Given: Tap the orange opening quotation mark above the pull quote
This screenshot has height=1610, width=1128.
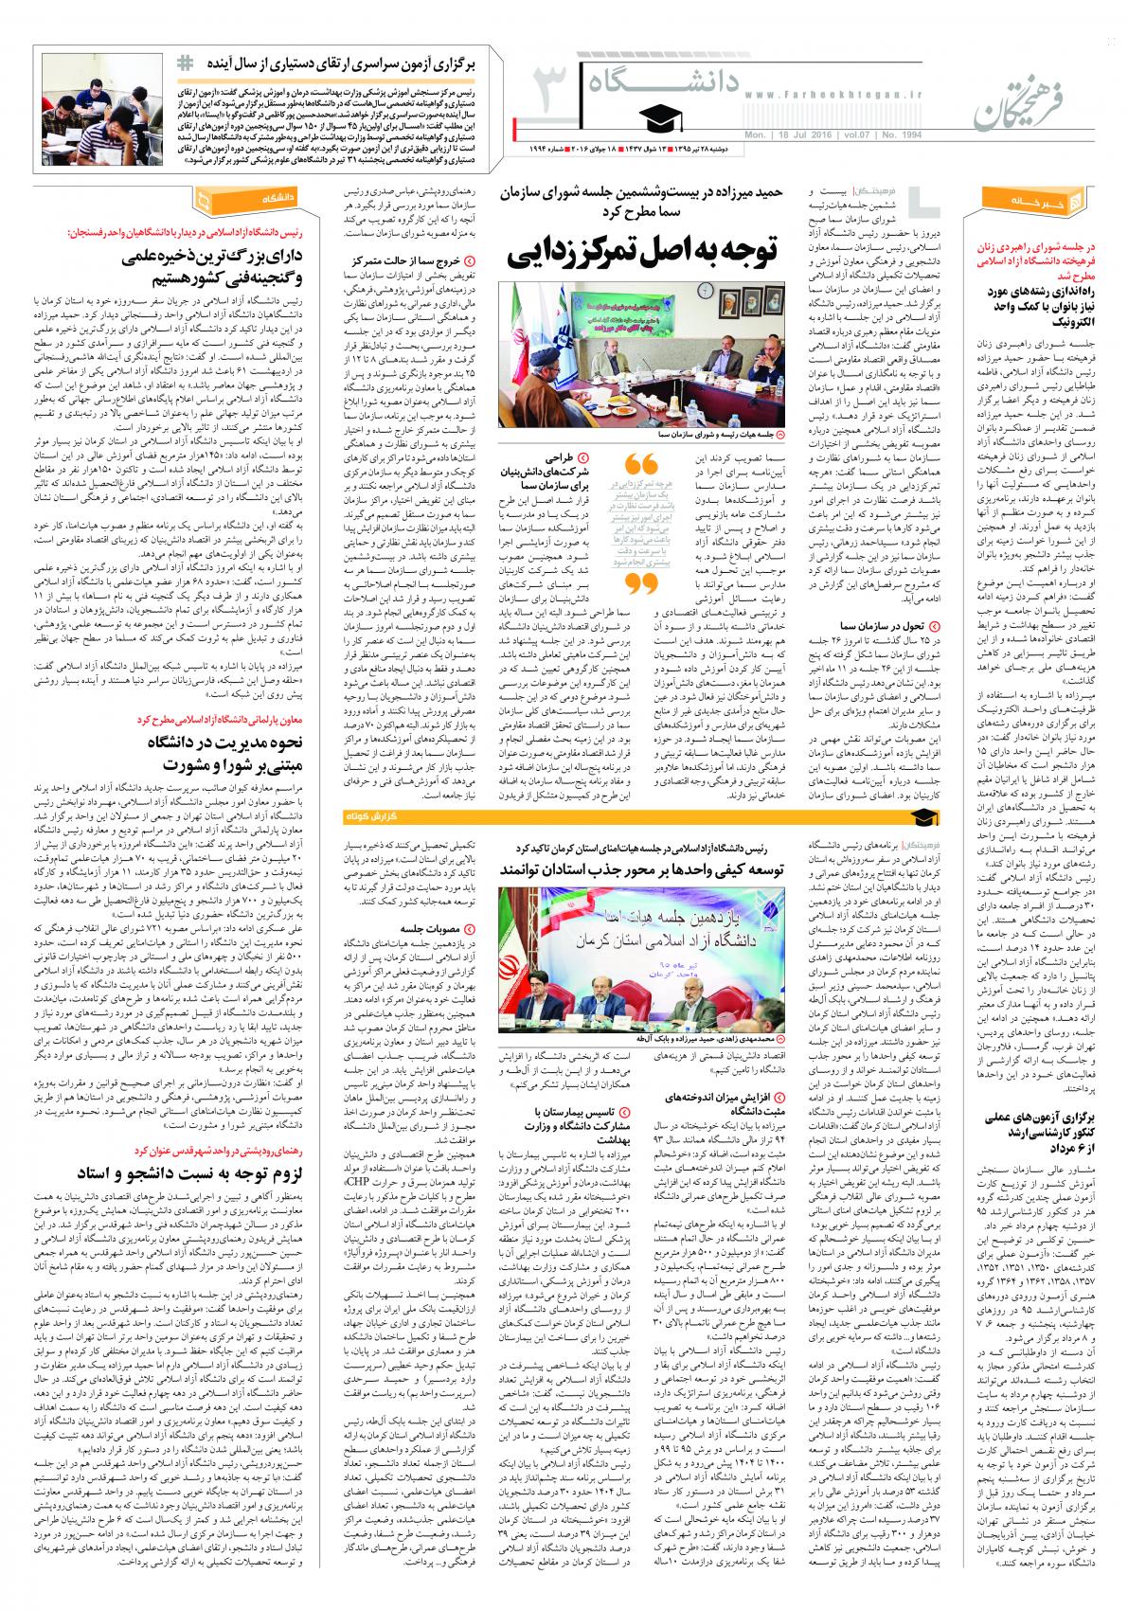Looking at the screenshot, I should tap(643, 465).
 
